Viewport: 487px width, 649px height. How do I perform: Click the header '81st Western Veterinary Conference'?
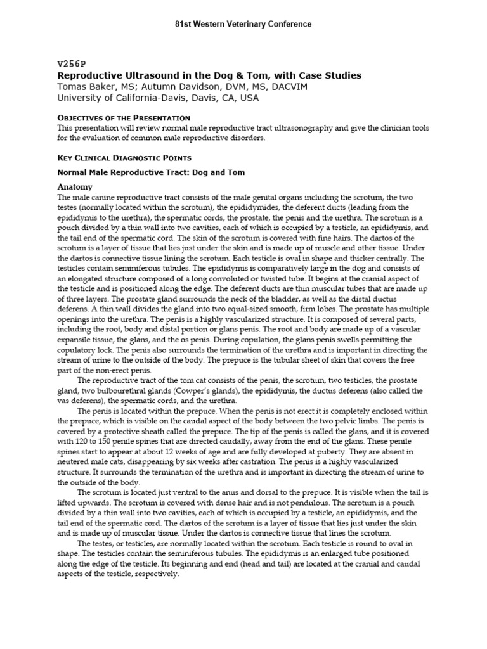pos(243,24)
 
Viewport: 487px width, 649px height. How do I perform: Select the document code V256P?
pos(71,64)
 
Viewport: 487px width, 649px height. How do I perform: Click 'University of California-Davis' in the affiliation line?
pos(120,98)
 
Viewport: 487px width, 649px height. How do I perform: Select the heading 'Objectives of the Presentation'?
pos(124,118)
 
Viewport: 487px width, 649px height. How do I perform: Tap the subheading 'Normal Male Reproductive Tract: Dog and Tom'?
pos(151,172)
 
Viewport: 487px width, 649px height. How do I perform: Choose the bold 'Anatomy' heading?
pos(75,187)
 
